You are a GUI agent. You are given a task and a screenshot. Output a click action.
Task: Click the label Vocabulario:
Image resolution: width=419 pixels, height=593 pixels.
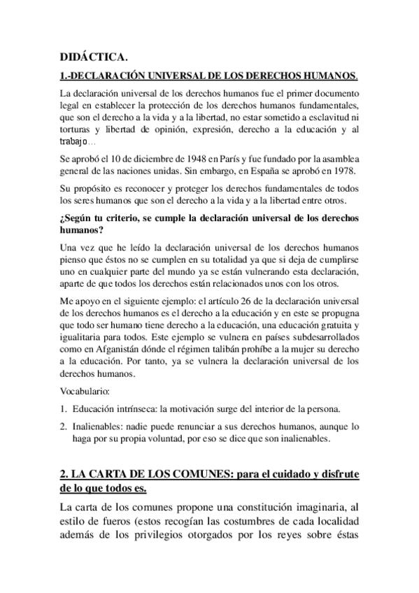coord(85,392)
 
